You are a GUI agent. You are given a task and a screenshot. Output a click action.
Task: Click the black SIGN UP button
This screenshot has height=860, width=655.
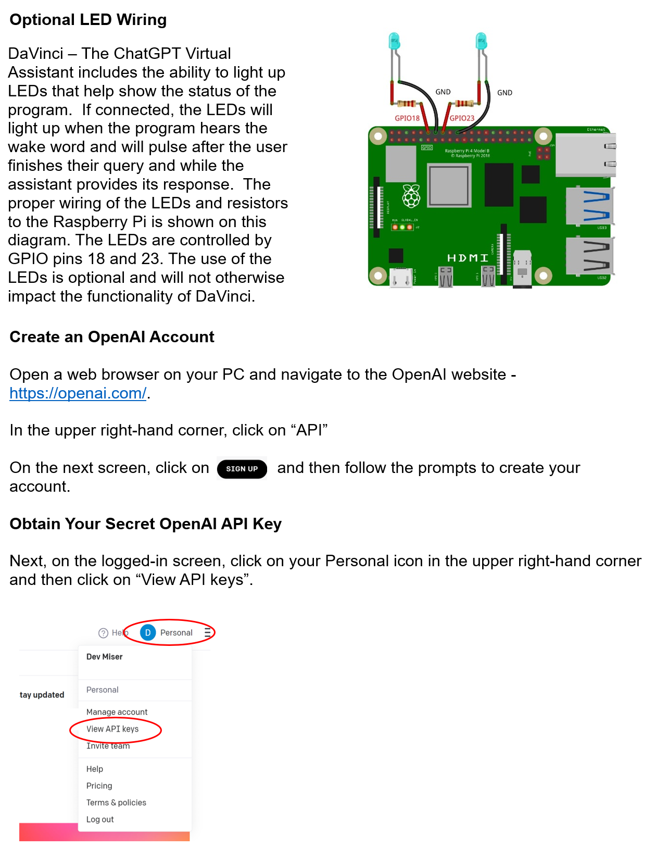pos(242,469)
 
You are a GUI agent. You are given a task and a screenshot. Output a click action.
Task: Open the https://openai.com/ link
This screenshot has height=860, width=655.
pos(78,393)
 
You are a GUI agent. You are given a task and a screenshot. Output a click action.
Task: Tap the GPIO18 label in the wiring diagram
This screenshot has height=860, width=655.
pos(407,118)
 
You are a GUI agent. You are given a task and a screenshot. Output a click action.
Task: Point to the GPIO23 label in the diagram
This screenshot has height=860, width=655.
pos(462,118)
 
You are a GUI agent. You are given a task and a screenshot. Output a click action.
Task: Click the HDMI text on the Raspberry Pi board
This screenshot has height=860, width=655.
pos(468,258)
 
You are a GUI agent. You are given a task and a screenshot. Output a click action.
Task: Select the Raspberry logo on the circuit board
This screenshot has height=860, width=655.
pos(411,196)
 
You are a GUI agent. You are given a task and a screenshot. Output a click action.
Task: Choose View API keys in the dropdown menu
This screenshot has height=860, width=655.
pos(112,729)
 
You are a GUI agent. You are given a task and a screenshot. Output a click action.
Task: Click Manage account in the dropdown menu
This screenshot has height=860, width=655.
pos(117,712)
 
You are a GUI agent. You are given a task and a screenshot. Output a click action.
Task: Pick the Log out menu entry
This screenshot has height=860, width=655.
pos(100,819)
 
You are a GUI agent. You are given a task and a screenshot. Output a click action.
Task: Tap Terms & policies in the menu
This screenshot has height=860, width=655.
pos(116,803)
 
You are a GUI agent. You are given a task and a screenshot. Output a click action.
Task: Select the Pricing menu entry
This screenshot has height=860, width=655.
pos(99,786)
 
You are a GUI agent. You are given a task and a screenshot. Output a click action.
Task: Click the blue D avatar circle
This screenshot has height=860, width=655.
pos(148,633)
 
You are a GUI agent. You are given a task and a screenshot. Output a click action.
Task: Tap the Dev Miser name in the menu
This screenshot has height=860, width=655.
pos(104,657)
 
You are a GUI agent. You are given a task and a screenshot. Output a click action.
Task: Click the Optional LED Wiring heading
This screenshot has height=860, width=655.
pos(88,20)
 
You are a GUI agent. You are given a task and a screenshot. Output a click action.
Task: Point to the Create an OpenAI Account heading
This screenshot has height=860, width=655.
pos(112,337)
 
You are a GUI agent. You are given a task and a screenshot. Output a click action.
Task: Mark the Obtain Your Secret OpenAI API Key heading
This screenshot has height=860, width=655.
pos(146,524)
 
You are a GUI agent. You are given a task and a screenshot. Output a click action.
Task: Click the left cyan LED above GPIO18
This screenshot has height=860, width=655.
pos(394,41)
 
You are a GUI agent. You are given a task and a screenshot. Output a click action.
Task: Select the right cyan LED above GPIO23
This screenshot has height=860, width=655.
pos(481,41)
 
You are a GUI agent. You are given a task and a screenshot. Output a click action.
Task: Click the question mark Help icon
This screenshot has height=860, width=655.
pos(103,633)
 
